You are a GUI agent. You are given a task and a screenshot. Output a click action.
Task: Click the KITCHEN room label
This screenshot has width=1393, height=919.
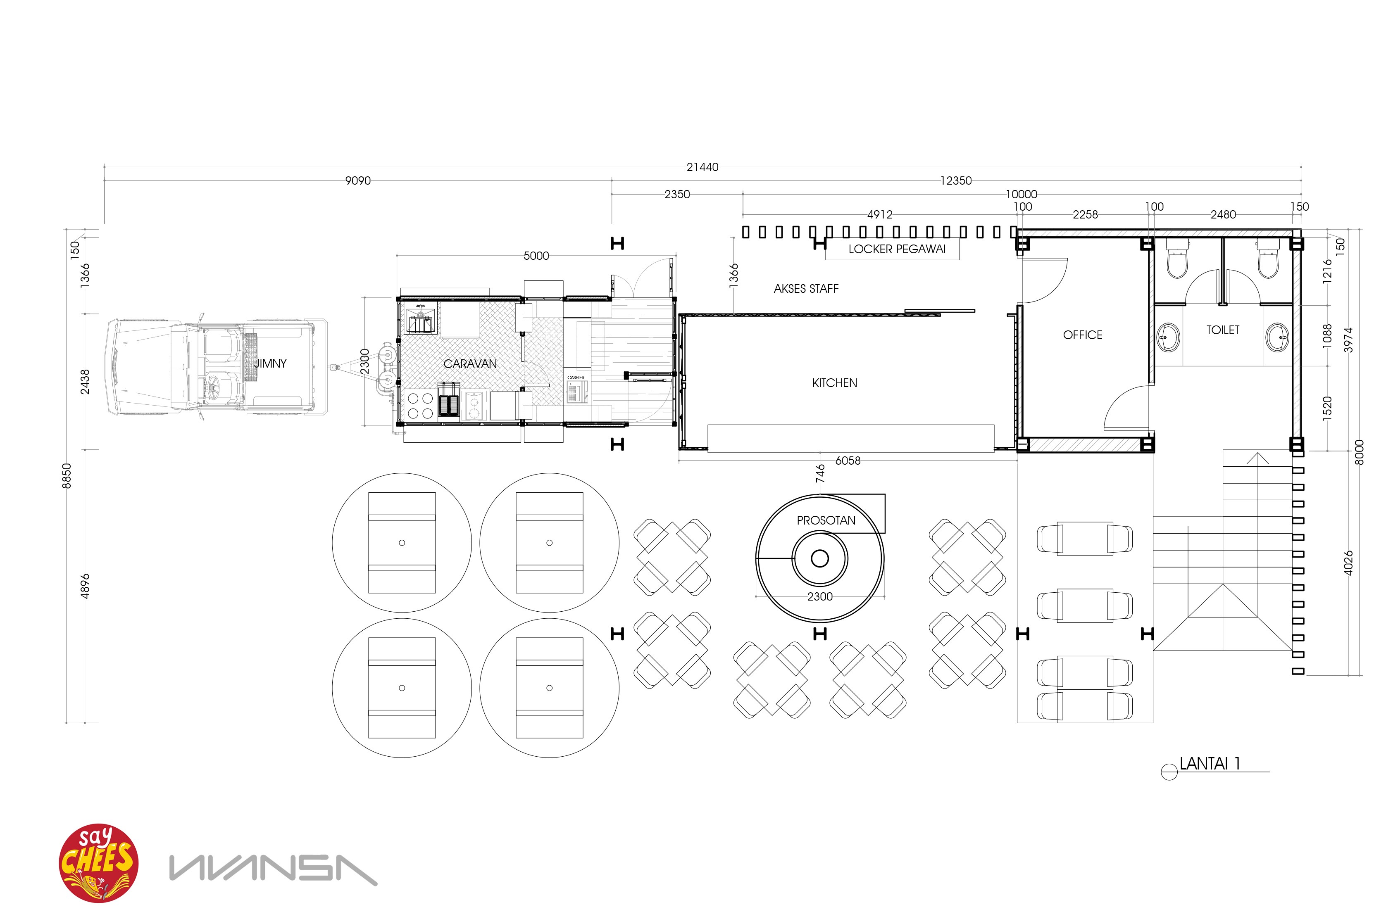(834, 383)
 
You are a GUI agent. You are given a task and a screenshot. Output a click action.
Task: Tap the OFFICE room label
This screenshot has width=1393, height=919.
(1082, 335)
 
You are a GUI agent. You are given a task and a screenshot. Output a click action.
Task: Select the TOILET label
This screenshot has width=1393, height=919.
(1222, 330)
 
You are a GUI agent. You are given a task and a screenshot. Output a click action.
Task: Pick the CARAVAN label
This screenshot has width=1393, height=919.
(470, 364)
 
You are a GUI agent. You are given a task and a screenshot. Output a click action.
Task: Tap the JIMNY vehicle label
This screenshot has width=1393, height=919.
(270, 363)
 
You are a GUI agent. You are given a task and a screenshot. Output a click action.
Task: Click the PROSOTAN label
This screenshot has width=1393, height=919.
(826, 520)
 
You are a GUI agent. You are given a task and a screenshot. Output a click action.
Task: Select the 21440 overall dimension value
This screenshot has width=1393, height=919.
(702, 167)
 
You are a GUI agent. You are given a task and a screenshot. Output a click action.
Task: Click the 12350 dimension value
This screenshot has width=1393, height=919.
(956, 180)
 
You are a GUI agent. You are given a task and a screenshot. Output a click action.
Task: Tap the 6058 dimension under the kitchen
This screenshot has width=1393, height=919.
(848, 461)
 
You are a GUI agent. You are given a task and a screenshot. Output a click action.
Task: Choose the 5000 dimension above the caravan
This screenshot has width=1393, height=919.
(536, 256)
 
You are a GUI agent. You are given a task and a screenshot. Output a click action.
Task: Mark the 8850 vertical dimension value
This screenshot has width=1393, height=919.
(67, 475)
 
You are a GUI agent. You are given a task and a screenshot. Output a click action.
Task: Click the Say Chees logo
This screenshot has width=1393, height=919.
(98, 863)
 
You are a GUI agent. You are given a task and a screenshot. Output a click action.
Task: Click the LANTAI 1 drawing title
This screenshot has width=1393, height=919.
(1210, 764)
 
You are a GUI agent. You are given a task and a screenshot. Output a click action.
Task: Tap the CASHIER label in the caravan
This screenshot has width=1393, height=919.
(576, 378)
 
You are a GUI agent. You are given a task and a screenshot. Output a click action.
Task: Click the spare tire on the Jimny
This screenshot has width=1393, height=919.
(250, 350)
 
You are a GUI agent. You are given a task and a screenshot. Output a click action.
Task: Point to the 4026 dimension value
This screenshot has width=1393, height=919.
(1348, 563)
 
